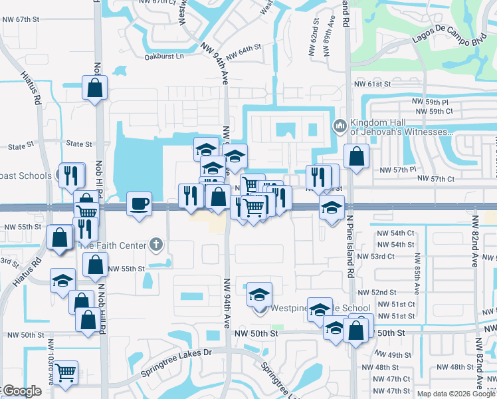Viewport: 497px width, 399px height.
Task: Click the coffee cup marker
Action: (140, 203)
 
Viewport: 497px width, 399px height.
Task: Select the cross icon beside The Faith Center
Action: (156, 245)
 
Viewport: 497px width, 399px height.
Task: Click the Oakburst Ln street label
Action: (164, 57)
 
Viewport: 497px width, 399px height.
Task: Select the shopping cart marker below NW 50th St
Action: (66, 372)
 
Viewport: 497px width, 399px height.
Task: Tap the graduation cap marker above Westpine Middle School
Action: (260, 294)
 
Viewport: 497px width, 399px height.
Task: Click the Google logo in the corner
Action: (22, 391)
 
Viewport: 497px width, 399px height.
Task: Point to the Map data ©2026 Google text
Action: (456, 394)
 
